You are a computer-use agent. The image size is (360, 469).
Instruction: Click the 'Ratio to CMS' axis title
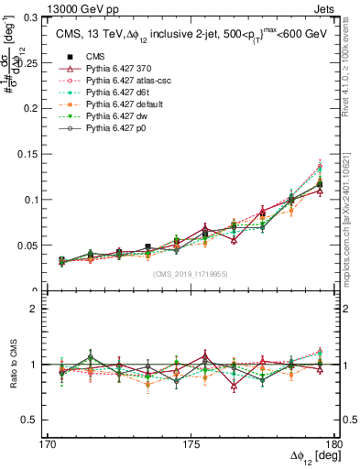[12, 364]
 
